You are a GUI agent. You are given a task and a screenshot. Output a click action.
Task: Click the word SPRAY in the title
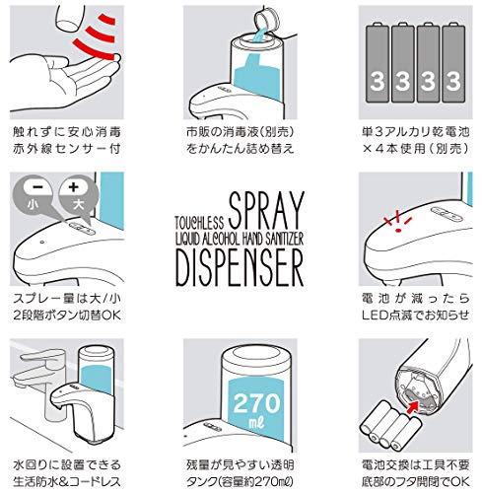(x=266, y=210)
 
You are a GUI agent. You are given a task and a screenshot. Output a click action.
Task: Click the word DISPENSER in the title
(x=240, y=267)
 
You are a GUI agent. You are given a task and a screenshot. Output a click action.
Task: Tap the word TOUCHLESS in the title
(x=199, y=222)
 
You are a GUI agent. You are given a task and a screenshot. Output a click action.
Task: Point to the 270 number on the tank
(x=256, y=403)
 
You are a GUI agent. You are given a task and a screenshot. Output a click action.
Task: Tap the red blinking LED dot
(x=398, y=230)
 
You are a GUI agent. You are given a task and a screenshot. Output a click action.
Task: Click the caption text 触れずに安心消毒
(x=67, y=132)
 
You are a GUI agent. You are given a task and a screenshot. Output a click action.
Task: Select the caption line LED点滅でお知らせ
(x=415, y=316)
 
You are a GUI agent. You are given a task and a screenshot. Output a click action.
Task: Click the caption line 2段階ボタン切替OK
(x=67, y=316)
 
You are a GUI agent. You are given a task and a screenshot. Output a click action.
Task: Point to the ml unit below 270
(x=256, y=423)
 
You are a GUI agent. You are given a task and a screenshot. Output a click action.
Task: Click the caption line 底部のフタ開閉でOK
(x=415, y=482)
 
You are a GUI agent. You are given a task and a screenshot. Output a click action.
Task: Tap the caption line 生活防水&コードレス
(x=67, y=482)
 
